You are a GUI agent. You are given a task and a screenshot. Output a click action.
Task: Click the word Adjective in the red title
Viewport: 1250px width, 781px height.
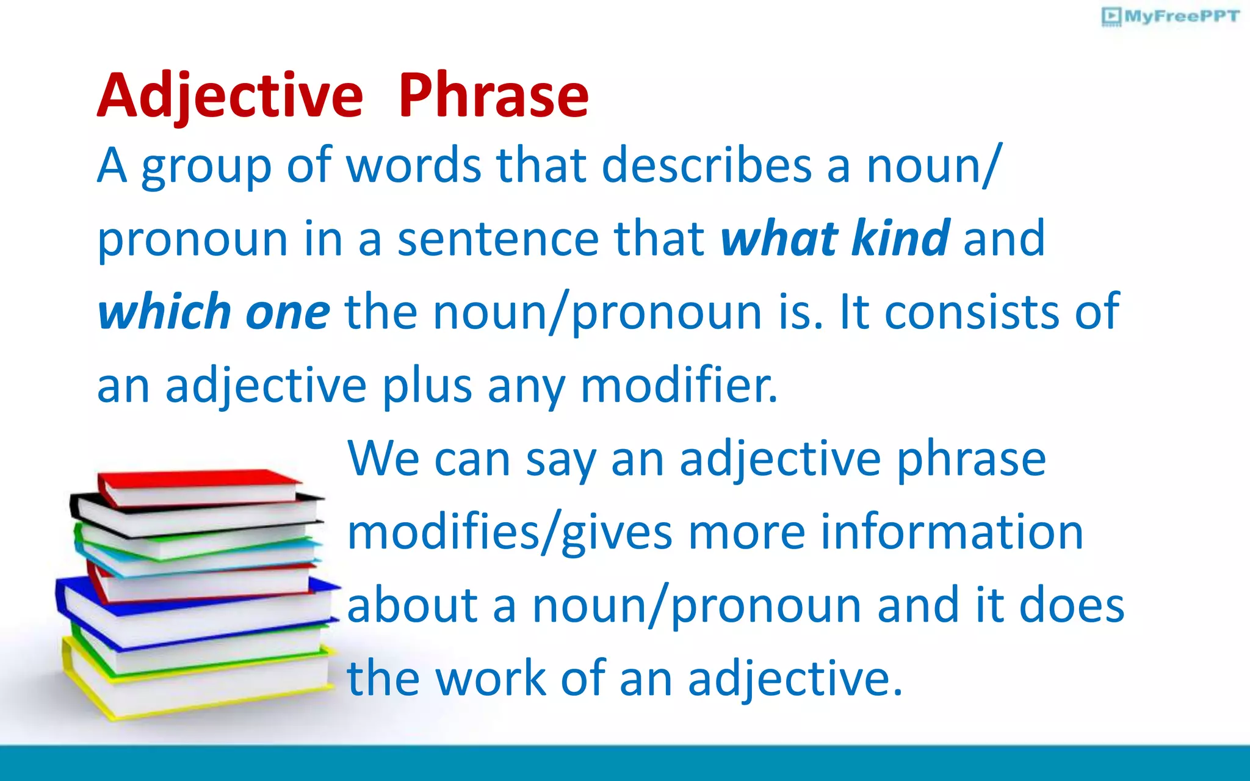click(230, 96)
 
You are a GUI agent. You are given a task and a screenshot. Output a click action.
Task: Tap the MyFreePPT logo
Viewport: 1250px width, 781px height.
click(1171, 16)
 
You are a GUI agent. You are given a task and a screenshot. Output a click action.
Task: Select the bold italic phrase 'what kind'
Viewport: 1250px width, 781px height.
click(834, 239)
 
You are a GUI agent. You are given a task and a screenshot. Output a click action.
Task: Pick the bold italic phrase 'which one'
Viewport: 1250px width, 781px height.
click(214, 312)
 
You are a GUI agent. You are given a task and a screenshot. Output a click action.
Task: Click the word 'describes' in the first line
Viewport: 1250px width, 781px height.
click(706, 165)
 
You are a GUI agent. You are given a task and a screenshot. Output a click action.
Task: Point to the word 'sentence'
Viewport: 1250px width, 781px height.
click(499, 239)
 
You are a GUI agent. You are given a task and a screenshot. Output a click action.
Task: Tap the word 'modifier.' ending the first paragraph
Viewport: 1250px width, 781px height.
click(679, 386)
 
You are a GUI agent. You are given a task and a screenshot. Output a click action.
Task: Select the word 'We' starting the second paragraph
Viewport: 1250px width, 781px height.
click(383, 459)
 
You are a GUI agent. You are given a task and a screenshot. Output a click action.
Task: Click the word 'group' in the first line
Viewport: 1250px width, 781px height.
click(206, 167)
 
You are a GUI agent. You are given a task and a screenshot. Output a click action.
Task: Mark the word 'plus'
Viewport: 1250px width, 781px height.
click(427, 386)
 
